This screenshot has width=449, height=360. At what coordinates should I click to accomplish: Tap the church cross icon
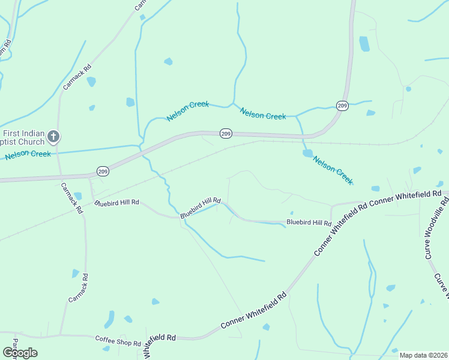tap(53, 137)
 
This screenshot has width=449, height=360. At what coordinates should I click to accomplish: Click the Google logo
tap(20, 352)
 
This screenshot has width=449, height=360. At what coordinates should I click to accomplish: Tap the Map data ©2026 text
tap(423, 355)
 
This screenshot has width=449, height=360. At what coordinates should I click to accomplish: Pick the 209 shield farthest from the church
tap(342, 106)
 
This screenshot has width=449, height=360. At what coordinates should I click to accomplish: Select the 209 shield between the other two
tap(226, 133)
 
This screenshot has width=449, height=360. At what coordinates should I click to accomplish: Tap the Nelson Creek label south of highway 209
tap(333, 170)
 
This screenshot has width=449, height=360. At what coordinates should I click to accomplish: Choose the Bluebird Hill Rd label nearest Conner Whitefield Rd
tap(309, 223)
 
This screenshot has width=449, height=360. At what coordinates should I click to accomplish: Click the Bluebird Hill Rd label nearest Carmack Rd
tap(117, 203)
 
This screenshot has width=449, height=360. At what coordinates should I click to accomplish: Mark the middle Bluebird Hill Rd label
tap(200, 208)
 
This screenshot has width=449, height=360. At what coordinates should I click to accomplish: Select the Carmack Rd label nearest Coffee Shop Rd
tap(79, 288)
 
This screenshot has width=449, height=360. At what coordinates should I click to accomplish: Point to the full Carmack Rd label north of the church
tap(77, 77)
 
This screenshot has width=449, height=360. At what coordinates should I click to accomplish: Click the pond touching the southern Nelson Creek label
tap(308, 153)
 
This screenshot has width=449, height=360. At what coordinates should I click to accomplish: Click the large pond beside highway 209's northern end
tap(364, 44)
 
